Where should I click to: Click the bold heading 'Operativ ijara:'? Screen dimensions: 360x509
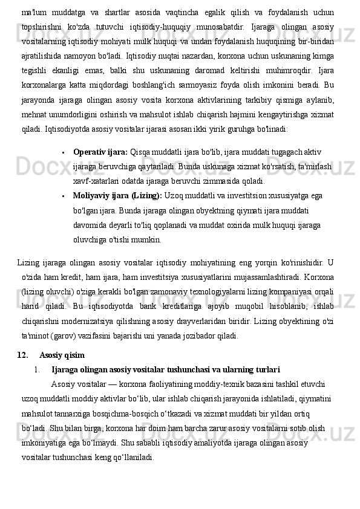[x=100, y=152]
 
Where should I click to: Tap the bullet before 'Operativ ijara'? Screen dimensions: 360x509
[x=64, y=152]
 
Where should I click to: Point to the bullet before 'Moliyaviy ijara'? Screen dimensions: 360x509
[x=64, y=196]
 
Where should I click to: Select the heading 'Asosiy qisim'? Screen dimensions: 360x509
[x=62, y=354]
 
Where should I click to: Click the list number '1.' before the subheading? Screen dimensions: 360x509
[x=38, y=369]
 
